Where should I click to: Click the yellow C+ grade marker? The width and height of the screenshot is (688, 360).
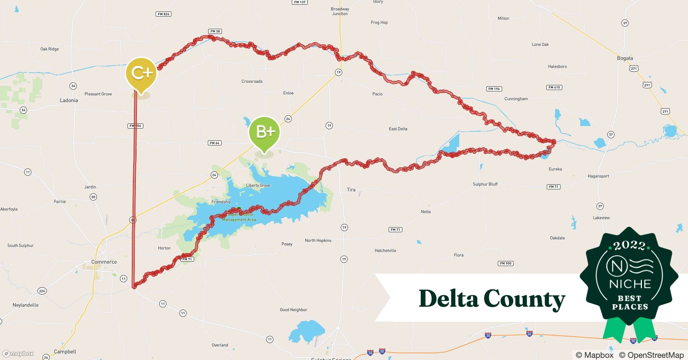tap(141, 73)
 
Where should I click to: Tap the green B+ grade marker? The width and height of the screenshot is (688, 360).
tap(264, 132)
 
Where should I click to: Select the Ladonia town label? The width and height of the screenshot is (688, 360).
tap(69, 100)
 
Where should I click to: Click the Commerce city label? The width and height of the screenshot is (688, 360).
tap(104, 262)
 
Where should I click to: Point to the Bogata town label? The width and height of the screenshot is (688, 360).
tap(625, 58)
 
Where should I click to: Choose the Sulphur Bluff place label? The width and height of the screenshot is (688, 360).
tap(485, 184)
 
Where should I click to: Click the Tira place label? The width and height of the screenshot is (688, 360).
tap(351, 190)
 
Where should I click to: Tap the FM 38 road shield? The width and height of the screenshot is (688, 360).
tap(215, 31)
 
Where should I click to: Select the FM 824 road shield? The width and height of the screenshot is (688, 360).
tap(164, 14)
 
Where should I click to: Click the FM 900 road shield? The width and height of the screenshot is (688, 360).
tap(506, 264)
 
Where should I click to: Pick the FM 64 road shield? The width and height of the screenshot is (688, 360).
tap(214, 143)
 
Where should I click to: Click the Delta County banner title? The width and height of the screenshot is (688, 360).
tap(492, 299)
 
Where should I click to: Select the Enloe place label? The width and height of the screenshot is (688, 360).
tap(288, 93)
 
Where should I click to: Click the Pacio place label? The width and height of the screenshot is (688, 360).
tap(377, 94)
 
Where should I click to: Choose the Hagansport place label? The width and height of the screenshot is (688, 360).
tap(598, 176)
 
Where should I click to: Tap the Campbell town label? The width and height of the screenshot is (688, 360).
tap(65, 352)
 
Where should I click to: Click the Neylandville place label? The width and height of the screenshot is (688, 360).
tap(26, 305)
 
